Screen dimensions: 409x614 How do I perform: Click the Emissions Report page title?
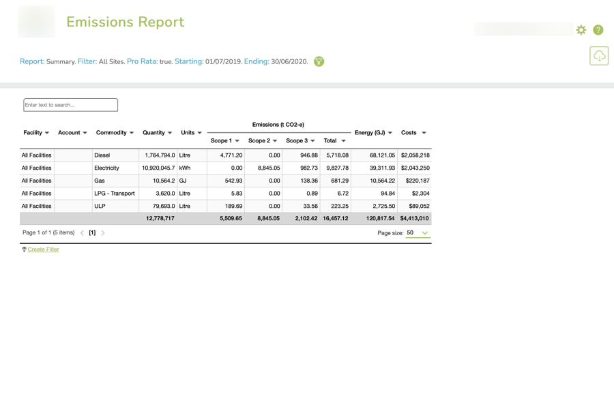pyautogui.click(x=125, y=22)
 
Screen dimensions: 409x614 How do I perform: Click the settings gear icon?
pyautogui.click(x=581, y=30)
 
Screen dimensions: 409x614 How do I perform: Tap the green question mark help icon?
pyautogui.click(x=598, y=30)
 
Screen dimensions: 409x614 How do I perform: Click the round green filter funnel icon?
pyautogui.click(x=319, y=61)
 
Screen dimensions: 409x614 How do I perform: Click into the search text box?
pyautogui.click(x=70, y=105)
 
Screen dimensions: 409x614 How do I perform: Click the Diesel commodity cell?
pyautogui.click(x=102, y=155)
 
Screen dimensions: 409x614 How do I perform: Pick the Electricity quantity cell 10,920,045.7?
pyautogui.click(x=158, y=168)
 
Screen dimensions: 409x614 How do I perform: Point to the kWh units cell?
pyautogui.click(x=186, y=168)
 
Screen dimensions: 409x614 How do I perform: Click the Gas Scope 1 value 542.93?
pyautogui.click(x=233, y=181)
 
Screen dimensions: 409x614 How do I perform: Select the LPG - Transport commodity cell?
pyautogui.click(x=114, y=194)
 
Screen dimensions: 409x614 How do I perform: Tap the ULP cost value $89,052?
pyautogui.click(x=415, y=206)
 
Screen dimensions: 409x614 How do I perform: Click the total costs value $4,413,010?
pyautogui.click(x=414, y=219)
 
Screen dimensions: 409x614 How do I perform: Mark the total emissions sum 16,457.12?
pyautogui.click(x=335, y=219)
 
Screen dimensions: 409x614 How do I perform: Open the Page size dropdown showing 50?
pyautogui.click(x=418, y=233)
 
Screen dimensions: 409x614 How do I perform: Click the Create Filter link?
pyautogui.click(x=43, y=249)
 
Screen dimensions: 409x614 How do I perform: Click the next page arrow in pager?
pyautogui.click(x=103, y=233)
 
